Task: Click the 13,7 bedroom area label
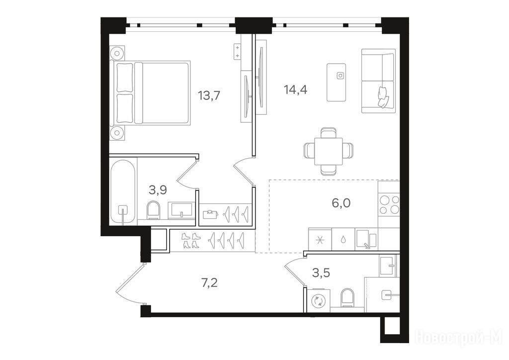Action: [x=209, y=96]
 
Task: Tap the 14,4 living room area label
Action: [x=295, y=90]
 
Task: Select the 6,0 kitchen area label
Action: [x=341, y=203]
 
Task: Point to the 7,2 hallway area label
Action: [x=209, y=283]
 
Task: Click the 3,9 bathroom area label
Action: [x=158, y=189]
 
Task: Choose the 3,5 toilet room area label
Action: [x=321, y=273]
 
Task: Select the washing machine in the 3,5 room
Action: [x=318, y=301]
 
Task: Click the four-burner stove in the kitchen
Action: [x=389, y=205]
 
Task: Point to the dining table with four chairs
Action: [x=328, y=151]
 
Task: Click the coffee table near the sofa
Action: [x=336, y=82]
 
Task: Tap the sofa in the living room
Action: [x=378, y=81]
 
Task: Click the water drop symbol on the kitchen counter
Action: [x=343, y=240]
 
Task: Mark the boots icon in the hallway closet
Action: [x=190, y=241]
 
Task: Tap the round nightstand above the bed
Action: [x=117, y=53]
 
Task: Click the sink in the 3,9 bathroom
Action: [x=181, y=210]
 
